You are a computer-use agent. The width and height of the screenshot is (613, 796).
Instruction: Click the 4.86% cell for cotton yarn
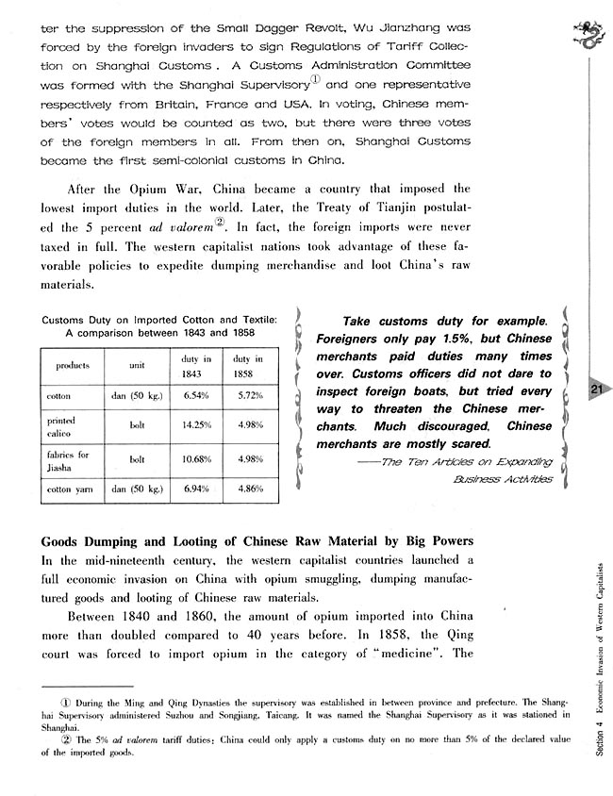click(247, 489)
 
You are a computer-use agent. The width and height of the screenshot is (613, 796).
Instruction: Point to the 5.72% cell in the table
click(247, 395)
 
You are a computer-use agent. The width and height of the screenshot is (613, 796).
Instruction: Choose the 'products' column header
click(72, 364)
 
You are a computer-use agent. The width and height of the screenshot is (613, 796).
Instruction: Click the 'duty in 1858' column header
click(247, 365)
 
